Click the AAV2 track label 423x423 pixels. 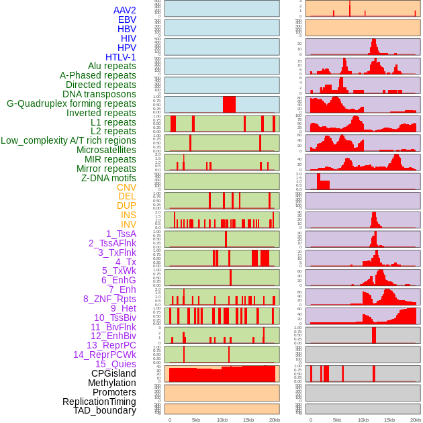click(124, 10)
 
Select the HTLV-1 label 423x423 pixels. click(121, 57)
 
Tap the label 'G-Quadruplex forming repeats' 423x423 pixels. click(71, 103)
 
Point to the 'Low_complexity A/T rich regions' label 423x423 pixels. click(68, 140)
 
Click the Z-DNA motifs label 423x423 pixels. click(108, 178)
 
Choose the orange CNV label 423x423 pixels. click(126, 187)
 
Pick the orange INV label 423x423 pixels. click(128, 224)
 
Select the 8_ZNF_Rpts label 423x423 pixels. click(109, 299)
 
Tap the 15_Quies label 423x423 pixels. click(115, 364)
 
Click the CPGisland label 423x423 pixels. click(113, 373)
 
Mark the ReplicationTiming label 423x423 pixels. click(99, 402)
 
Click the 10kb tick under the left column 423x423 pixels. click(222, 420)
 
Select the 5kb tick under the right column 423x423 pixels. click(337, 420)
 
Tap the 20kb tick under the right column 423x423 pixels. click(416, 420)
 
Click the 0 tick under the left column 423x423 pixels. click(169, 420)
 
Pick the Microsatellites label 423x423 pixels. click(106, 150)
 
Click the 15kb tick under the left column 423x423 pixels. click(248, 420)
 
